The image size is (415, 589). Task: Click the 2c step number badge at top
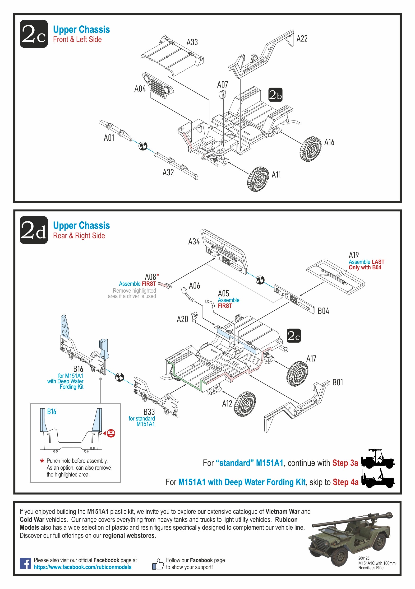pyautogui.click(x=34, y=34)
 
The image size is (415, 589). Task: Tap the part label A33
pyautogui.click(x=192, y=42)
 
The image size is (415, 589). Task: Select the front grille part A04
pyautogui.click(x=158, y=85)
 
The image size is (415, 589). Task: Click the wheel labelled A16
pyautogui.click(x=310, y=149)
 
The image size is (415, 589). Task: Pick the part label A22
pyautogui.click(x=302, y=39)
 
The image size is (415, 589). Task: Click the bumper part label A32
pyautogui.click(x=168, y=172)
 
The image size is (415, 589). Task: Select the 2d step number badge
pyautogui.click(x=34, y=230)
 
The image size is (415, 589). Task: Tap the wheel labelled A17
pyautogui.click(x=297, y=373)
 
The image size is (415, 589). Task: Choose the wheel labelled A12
pyautogui.click(x=245, y=404)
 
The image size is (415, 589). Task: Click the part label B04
pyautogui.click(x=323, y=311)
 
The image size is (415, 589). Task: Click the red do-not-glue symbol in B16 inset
pyautogui.click(x=111, y=433)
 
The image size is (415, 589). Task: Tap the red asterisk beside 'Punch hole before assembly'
pyautogui.click(x=42, y=461)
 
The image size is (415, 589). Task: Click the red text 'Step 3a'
pyautogui.click(x=345, y=463)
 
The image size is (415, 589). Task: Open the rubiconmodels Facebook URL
pyautogui.click(x=83, y=567)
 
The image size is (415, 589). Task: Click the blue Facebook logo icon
pyautogui.click(x=25, y=564)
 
